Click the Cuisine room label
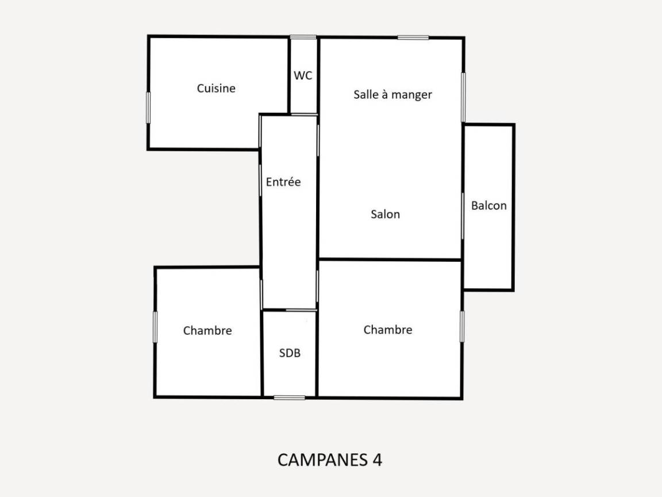(x=215, y=88)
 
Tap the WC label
(x=303, y=76)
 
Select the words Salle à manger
(x=392, y=94)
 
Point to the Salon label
(x=385, y=214)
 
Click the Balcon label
(x=488, y=205)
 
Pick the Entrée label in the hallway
(x=283, y=182)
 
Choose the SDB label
(x=290, y=353)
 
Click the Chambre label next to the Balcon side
(x=387, y=330)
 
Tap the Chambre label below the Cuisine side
(x=207, y=331)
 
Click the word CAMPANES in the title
(x=322, y=460)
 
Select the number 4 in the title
(x=378, y=460)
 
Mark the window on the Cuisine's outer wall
(x=148, y=108)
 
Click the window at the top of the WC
(x=303, y=37)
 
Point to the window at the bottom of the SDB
(x=289, y=397)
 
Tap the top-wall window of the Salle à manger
(x=413, y=37)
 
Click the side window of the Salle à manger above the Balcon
(x=463, y=98)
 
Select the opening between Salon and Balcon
(x=463, y=216)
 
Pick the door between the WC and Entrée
(x=304, y=114)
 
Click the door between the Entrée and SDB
(x=301, y=310)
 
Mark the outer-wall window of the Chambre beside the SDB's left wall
(x=155, y=327)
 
